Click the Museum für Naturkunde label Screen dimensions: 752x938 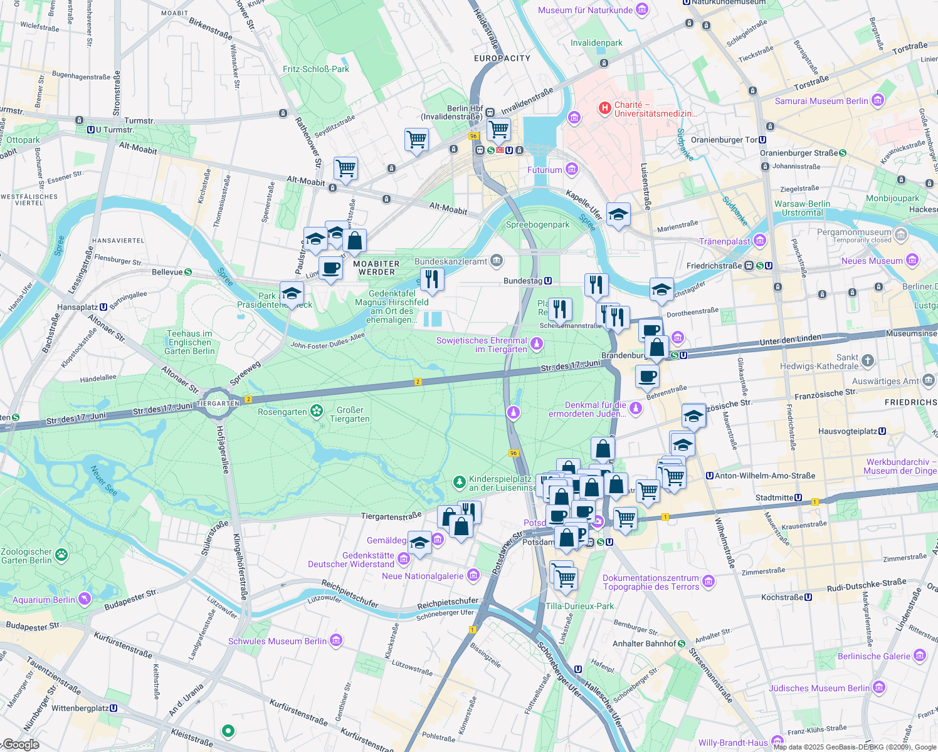click(x=586, y=10)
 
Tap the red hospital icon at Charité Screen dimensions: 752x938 click(x=604, y=108)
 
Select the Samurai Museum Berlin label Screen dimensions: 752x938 click(x=821, y=101)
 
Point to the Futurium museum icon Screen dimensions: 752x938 click(x=571, y=169)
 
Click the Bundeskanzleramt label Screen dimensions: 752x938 click(x=450, y=261)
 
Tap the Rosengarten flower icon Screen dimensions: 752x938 click(x=317, y=411)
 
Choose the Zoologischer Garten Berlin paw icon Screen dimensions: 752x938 click(x=61, y=554)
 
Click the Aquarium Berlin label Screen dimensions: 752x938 click(x=44, y=600)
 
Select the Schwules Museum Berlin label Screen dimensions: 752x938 click(x=277, y=641)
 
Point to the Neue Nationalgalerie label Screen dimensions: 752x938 click(x=423, y=576)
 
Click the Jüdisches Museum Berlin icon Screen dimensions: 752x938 click(x=878, y=687)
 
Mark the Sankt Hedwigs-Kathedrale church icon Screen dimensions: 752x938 click(x=867, y=360)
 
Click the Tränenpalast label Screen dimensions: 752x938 click(x=725, y=241)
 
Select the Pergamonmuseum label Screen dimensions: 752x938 click(x=853, y=232)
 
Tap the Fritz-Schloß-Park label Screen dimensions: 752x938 click(x=316, y=69)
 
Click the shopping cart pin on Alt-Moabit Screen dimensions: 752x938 click(x=345, y=168)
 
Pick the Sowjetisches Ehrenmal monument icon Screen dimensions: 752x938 click(x=536, y=343)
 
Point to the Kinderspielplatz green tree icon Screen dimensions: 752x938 click(x=460, y=482)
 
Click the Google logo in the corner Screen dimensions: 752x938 click(x=21, y=744)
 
